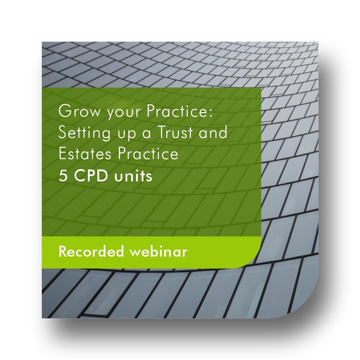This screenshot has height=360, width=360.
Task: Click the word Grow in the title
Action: [x=79, y=111]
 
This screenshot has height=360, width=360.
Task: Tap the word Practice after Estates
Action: [x=148, y=153]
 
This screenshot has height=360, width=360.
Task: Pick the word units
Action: [x=133, y=176]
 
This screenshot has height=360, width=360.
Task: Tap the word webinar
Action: [x=159, y=251]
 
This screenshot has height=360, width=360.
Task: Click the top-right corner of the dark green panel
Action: [x=261, y=88]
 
